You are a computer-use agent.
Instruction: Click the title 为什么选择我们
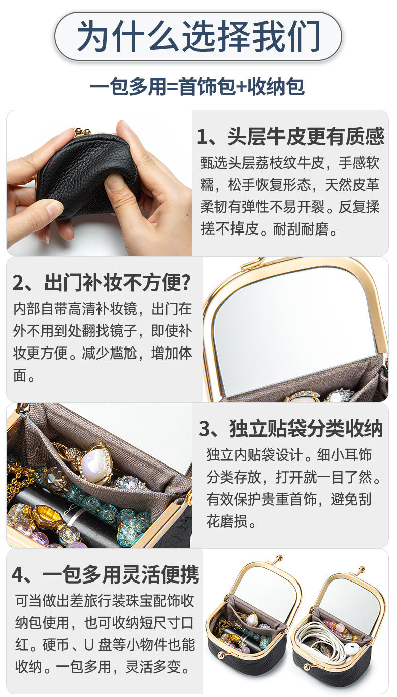click(198, 36)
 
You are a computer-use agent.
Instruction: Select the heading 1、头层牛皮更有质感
click(291, 137)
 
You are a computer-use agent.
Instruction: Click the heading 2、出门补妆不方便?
click(101, 283)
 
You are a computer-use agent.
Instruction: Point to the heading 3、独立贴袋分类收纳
click(291, 429)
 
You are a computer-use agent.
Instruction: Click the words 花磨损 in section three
click(227, 521)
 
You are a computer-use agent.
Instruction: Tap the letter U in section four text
click(89, 645)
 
